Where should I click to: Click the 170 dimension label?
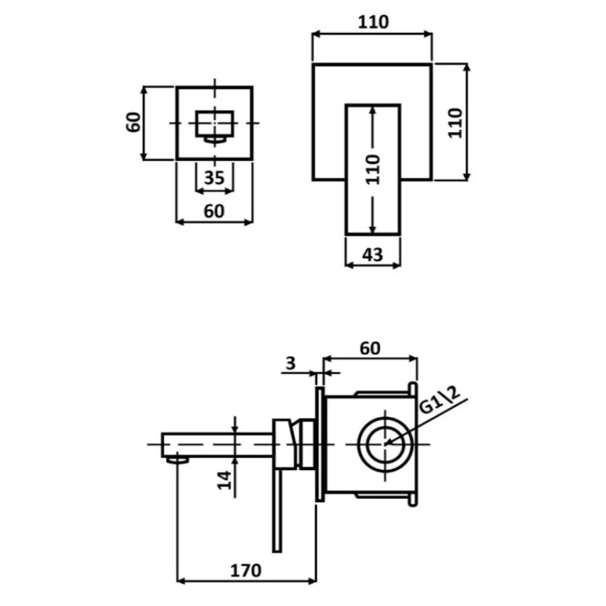click(246, 570)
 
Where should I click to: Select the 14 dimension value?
click(224, 480)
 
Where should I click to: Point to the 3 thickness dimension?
click(290, 364)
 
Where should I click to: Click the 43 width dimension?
click(372, 255)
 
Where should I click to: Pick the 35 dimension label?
click(214, 178)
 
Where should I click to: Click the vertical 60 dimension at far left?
click(134, 122)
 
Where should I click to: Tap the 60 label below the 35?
click(214, 211)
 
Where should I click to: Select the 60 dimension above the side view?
click(370, 349)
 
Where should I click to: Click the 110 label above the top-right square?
click(373, 22)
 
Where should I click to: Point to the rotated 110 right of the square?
click(455, 123)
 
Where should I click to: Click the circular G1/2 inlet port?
click(385, 444)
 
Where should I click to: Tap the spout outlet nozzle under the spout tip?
click(178, 459)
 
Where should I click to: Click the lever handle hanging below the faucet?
click(277, 511)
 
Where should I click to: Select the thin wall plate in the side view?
click(320, 444)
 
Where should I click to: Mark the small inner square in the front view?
click(215, 124)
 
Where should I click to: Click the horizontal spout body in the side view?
click(217, 445)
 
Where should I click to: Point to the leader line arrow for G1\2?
click(427, 422)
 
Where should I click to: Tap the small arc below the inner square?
click(215, 140)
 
